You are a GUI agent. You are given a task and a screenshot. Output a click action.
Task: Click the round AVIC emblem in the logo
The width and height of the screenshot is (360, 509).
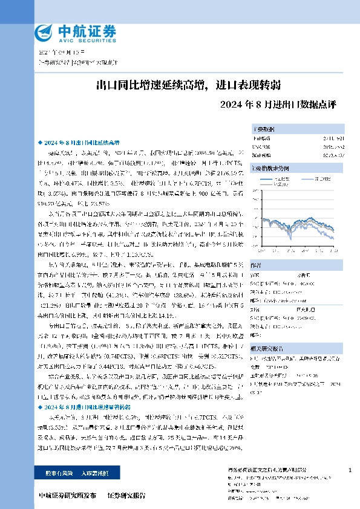pos(43,31)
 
